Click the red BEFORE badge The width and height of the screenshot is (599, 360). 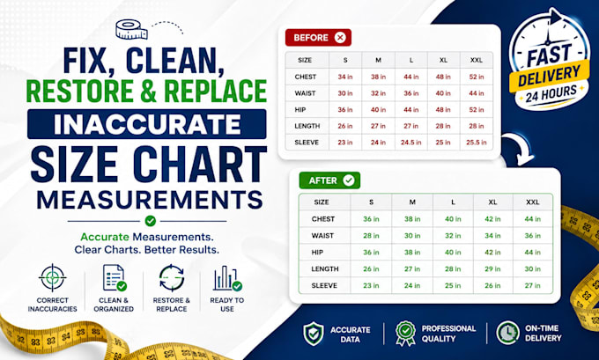[x=318, y=38]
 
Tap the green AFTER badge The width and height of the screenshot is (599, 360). [x=329, y=180]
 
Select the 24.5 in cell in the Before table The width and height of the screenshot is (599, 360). [x=411, y=143]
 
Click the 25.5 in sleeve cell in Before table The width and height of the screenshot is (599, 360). [x=477, y=143]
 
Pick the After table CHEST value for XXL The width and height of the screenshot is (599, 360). [x=533, y=219]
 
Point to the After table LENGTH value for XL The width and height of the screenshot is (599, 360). [x=492, y=268]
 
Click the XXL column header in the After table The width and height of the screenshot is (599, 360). [x=533, y=202]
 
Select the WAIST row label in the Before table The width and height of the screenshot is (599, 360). [x=305, y=93]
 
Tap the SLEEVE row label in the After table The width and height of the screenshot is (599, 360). [x=324, y=285]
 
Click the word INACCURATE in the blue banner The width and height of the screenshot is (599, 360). [x=147, y=124]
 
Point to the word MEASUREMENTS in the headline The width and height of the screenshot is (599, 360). [x=150, y=199]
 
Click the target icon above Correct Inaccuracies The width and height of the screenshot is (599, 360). [x=52, y=277]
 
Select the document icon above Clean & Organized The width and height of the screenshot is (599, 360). [x=115, y=278]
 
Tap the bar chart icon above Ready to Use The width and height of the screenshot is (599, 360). [x=227, y=278]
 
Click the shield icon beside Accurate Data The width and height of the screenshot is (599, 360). [x=314, y=334]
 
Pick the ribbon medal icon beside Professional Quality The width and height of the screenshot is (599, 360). [x=406, y=333]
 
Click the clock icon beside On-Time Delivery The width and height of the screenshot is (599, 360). [x=507, y=333]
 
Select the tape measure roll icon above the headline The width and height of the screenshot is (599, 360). [x=131, y=29]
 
